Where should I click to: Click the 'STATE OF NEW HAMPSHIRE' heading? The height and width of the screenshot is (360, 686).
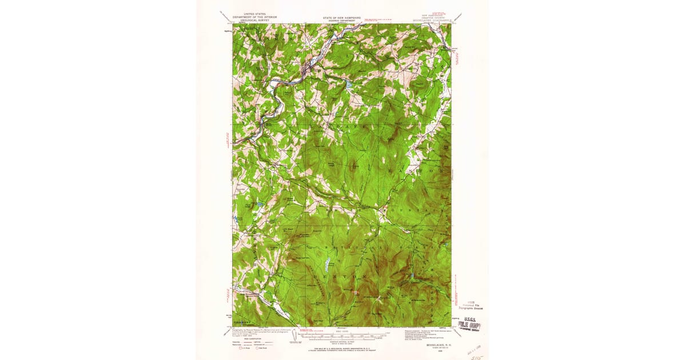tap(342, 18)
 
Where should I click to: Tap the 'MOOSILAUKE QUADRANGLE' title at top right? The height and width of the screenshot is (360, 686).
tap(433, 19)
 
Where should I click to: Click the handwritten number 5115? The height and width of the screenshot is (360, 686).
tap(476, 352)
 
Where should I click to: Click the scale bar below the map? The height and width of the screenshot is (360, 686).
tap(342, 334)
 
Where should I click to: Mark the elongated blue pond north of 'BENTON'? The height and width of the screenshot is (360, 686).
tap(327, 265)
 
